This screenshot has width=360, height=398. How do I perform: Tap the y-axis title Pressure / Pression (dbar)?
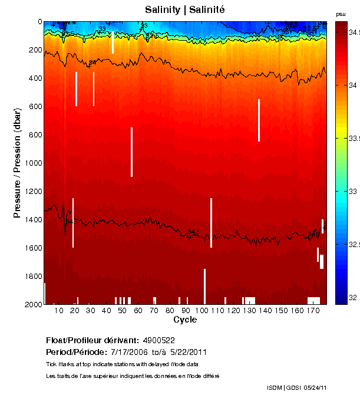(x=18, y=163)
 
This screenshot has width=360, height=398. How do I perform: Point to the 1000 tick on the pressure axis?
(x=32, y=163)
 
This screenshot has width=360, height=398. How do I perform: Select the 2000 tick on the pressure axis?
(x=32, y=305)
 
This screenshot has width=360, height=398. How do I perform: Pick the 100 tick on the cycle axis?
(x=202, y=310)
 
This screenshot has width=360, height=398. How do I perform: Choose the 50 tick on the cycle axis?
(x=122, y=310)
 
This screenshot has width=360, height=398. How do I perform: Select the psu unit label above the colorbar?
(x=341, y=14)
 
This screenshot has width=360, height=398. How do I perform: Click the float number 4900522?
(x=158, y=340)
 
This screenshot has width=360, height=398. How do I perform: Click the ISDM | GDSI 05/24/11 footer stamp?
(x=297, y=387)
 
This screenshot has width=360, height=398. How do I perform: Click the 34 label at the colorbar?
(x=352, y=86)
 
